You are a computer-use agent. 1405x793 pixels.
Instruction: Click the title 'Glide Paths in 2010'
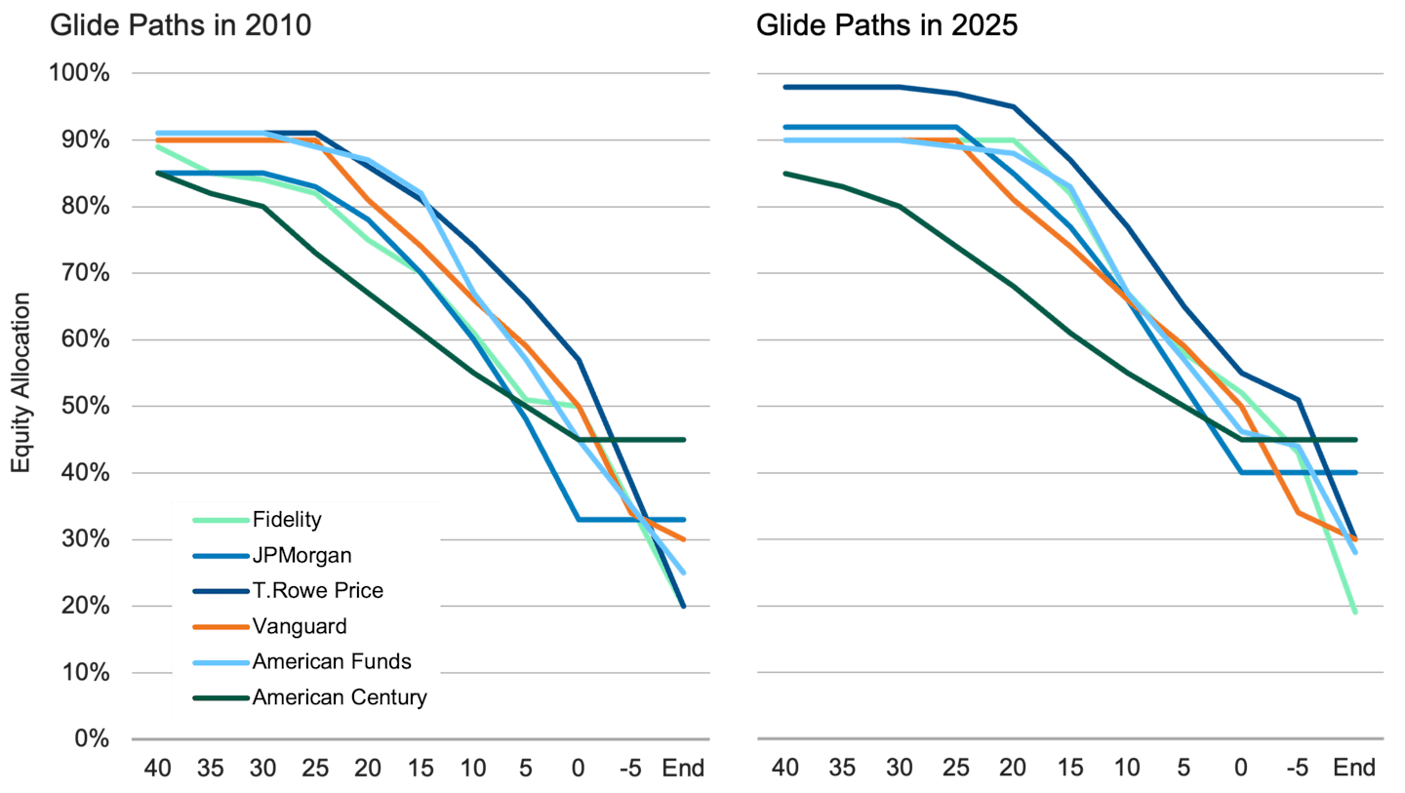(x=181, y=25)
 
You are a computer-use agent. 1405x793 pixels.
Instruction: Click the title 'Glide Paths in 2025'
(x=886, y=25)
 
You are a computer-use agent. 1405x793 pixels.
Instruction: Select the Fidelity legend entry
(x=286, y=520)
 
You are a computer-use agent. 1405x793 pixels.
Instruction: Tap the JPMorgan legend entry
(x=301, y=555)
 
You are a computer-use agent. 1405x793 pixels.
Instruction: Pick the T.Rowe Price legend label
(x=317, y=590)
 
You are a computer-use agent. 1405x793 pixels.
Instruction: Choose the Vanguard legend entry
(x=299, y=626)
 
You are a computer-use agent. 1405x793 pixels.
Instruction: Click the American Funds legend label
(x=331, y=661)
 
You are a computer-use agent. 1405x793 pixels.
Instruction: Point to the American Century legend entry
(x=339, y=696)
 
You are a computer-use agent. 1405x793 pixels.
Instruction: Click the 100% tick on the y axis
(x=81, y=74)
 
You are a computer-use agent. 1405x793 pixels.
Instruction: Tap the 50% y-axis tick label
(x=87, y=407)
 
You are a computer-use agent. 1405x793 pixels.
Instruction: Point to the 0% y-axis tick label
(x=93, y=739)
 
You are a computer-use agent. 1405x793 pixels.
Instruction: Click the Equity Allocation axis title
(x=20, y=382)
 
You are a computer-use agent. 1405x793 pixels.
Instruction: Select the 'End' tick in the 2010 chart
(x=683, y=769)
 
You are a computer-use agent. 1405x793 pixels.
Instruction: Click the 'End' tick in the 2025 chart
(x=1355, y=769)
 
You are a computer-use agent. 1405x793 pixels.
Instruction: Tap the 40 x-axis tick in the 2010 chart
(x=157, y=769)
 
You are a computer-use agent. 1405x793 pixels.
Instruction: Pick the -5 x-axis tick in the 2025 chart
(x=1299, y=769)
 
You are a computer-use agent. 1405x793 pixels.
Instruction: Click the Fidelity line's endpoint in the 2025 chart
(x=1356, y=613)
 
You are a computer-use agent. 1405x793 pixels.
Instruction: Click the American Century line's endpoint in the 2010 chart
(x=684, y=440)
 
